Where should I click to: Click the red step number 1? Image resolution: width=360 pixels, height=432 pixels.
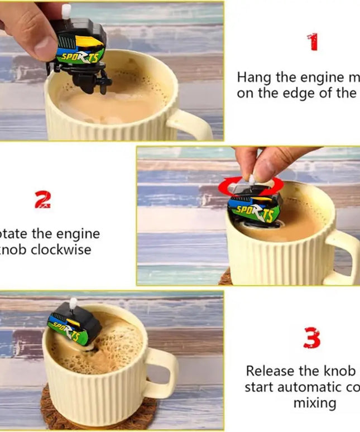pyautogui.click(x=313, y=42)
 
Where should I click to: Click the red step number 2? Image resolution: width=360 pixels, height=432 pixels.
pyautogui.click(x=43, y=199)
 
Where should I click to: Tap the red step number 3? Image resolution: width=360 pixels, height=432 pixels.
pyautogui.click(x=311, y=339)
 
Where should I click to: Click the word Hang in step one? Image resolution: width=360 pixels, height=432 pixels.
pyautogui.click(x=252, y=77)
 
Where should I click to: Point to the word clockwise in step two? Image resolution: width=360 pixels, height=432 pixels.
pyautogui.click(x=61, y=249)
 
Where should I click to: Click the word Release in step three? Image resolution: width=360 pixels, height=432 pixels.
pyautogui.click(x=267, y=371)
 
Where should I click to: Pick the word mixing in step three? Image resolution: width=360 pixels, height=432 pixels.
pyautogui.click(x=315, y=402)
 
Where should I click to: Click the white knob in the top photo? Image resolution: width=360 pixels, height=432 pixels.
pyautogui.click(x=66, y=10)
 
